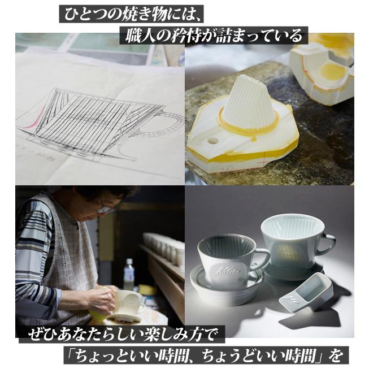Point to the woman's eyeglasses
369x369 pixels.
tap(105, 209)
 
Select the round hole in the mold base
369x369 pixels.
tap(213, 140)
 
